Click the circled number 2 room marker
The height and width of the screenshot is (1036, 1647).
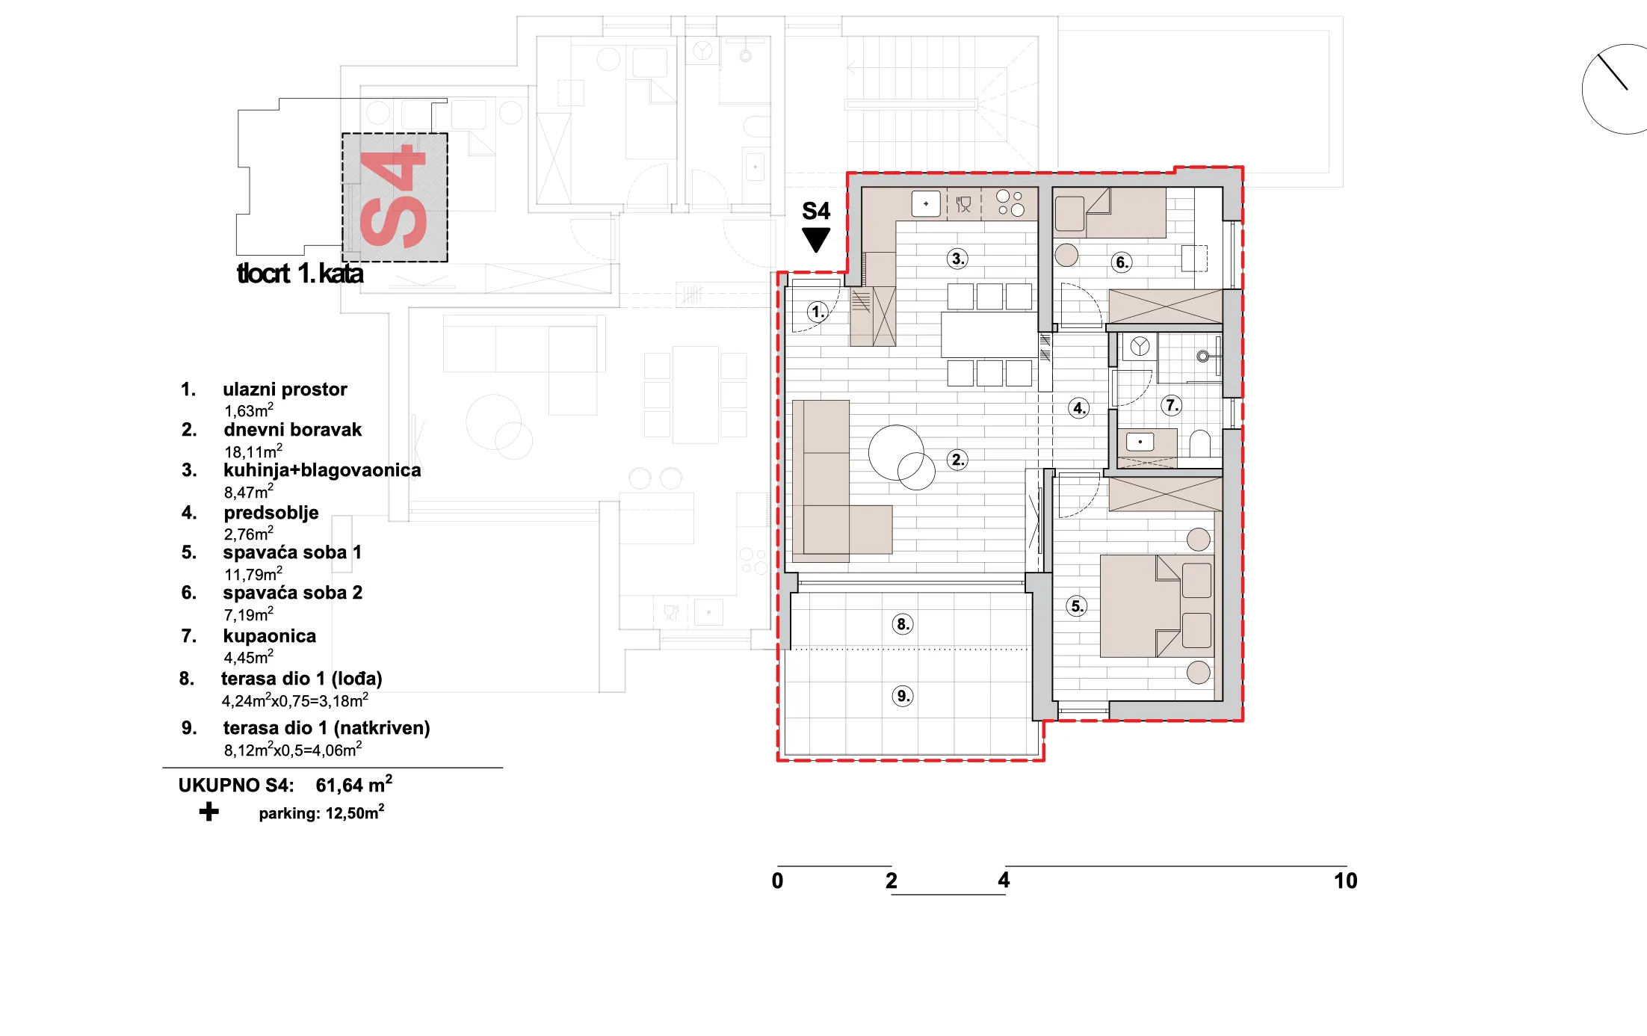tap(957, 460)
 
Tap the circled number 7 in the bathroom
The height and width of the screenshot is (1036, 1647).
tap(1172, 406)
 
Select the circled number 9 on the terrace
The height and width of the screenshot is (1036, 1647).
tap(903, 697)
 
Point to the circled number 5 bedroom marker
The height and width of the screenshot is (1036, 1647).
tap(1077, 606)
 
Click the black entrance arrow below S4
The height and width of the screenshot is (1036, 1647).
tap(816, 239)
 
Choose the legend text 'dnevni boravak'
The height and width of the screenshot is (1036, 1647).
tap(292, 430)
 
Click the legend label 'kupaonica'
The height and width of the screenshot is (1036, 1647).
tap(269, 636)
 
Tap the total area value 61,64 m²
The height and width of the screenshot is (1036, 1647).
tap(353, 784)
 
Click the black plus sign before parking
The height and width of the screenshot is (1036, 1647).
tap(209, 812)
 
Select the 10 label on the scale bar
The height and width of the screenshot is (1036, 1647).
tap(1345, 881)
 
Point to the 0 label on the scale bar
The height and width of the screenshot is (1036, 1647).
tap(777, 881)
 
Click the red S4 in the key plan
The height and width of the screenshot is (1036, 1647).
tap(394, 197)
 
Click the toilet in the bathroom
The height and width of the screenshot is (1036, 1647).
tap(1200, 444)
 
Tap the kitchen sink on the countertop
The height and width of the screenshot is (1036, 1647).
tap(926, 203)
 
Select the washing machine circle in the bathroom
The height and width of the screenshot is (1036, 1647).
tap(1140, 346)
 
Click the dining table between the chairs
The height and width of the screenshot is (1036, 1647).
tap(989, 334)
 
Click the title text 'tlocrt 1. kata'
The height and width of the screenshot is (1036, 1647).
tap(300, 274)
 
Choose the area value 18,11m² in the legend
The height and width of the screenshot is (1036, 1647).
tap(253, 451)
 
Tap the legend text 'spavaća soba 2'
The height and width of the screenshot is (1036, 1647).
tap(292, 593)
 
